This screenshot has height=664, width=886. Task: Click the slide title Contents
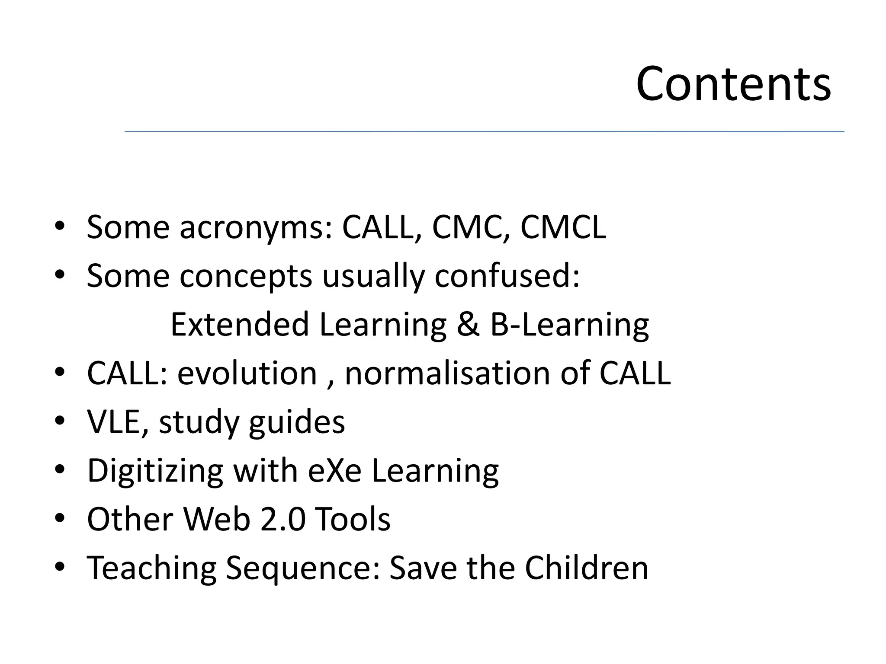click(733, 84)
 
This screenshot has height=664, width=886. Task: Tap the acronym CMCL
click(563, 227)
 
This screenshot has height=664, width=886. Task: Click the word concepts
click(246, 277)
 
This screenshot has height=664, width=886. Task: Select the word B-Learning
click(569, 325)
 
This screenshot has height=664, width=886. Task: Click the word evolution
click(247, 373)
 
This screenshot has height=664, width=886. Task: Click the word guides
click(297, 422)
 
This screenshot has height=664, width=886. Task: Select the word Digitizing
click(155, 471)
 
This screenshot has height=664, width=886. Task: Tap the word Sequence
click(303, 568)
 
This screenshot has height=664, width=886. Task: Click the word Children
click(587, 567)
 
